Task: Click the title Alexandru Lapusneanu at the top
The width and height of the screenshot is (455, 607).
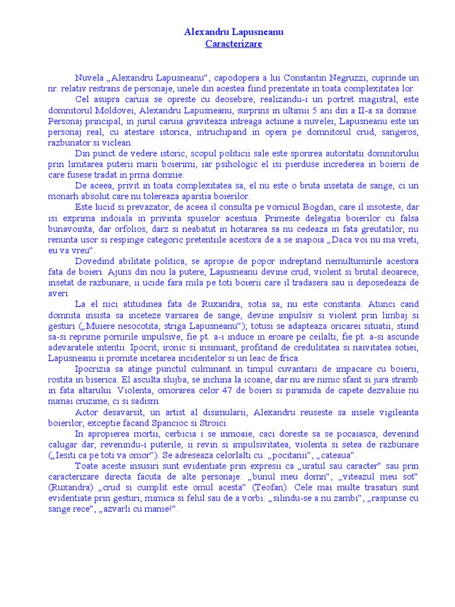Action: point(233,32)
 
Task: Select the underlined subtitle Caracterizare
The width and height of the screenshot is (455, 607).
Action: point(233,44)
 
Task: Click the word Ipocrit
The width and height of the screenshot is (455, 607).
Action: point(158,347)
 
